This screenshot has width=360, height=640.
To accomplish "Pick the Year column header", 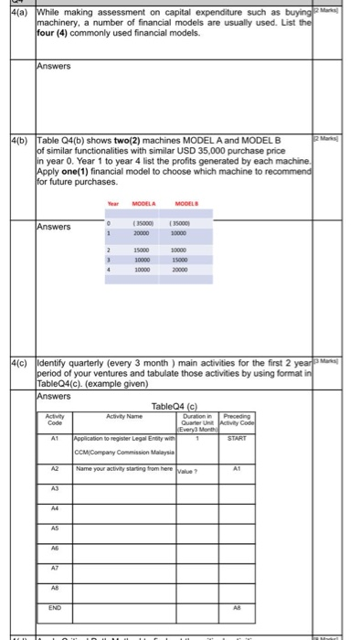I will tap(112, 203).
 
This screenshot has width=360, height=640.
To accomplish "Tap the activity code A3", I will tap(54, 489).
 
